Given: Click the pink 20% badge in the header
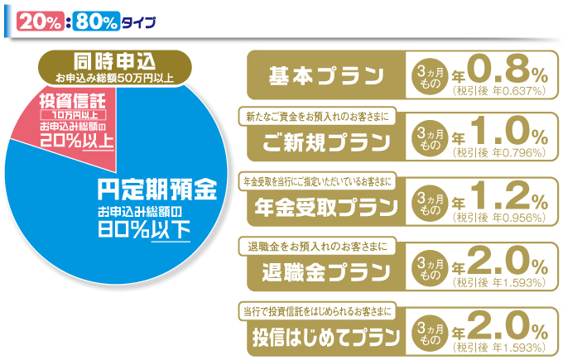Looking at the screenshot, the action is (41, 22).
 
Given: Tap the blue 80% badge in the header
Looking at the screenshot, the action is (96, 22).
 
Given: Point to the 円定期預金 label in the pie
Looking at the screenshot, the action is (157, 189).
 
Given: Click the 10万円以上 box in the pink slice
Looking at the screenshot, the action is (73, 115).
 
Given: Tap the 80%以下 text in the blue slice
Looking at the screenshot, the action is (144, 230).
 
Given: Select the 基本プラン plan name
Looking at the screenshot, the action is (326, 76).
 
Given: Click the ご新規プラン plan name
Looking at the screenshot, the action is (326, 142).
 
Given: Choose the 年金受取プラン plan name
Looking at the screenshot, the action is (326, 207).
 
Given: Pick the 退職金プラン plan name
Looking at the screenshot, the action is (326, 272).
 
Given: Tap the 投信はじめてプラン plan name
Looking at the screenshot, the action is (326, 337).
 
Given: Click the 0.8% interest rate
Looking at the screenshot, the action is (508, 70).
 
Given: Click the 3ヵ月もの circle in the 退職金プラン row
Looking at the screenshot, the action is (430, 269).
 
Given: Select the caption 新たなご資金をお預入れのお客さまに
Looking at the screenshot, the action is (317, 117).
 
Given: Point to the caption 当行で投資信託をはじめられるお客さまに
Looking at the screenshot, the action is (317, 311).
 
